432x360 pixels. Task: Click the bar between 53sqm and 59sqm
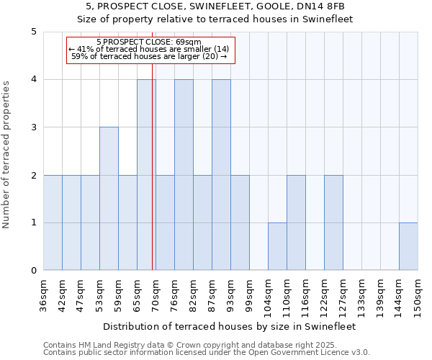109,199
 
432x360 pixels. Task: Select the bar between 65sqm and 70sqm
146,175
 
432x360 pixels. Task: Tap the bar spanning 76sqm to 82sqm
184,175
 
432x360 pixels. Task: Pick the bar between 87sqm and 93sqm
221,175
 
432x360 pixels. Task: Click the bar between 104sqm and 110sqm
277,246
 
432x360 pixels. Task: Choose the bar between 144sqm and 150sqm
408,246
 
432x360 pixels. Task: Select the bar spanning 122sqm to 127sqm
333,222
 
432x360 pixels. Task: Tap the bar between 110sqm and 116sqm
296,222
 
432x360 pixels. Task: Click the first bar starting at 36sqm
53,222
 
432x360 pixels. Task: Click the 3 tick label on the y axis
33,127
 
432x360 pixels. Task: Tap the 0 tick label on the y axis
33,271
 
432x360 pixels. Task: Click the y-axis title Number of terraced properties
6,155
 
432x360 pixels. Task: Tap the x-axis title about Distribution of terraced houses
230,326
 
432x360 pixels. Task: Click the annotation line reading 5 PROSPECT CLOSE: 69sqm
148,42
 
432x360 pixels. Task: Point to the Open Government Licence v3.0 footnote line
207,352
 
